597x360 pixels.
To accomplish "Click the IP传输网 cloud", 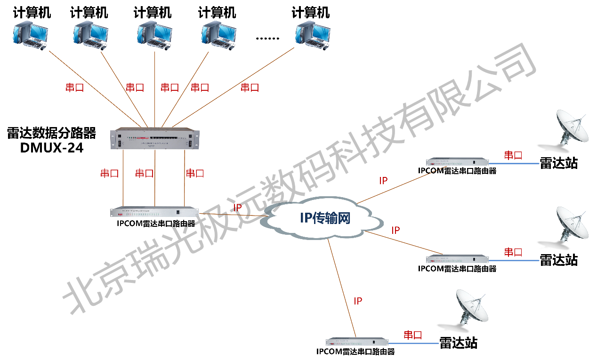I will coord(325,217).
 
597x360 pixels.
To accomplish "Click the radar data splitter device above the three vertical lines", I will coord(155,139).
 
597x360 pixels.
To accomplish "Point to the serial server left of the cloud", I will coord(154,212).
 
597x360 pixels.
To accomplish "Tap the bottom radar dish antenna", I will coord(471,308).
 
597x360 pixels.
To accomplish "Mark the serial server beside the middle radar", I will coord(457,259).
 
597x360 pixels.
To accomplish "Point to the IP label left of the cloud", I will coord(238,208).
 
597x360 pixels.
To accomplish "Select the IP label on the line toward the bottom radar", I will coord(358,301).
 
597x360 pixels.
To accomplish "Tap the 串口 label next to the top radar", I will coord(513,155).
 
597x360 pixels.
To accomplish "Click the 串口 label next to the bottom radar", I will coord(413,335).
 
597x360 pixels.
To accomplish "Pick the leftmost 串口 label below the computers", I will coord(74,87).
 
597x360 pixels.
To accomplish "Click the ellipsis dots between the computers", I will coord(267,39).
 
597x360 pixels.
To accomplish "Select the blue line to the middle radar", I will coord(514,259).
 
